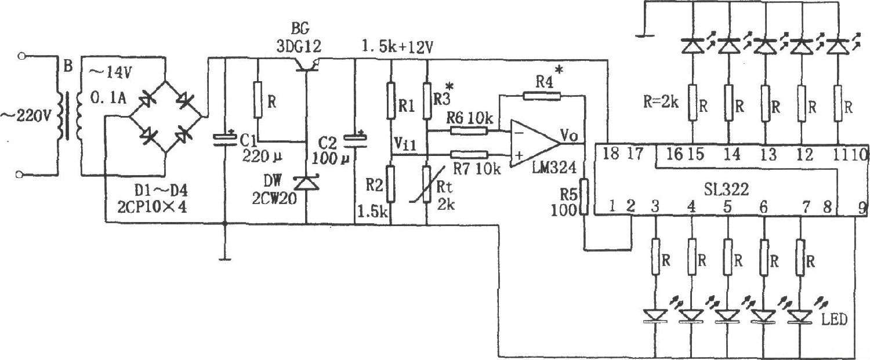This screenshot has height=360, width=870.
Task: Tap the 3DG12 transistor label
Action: tap(299, 45)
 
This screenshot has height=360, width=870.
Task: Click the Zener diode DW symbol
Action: tap(306, 184)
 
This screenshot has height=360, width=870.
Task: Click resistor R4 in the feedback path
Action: tap(542, 96)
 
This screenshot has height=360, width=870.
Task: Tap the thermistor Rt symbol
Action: tap(426, 184)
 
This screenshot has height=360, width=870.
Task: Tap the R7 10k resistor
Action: tap(468, 154)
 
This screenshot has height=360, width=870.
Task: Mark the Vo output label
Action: tap(568, 134)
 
